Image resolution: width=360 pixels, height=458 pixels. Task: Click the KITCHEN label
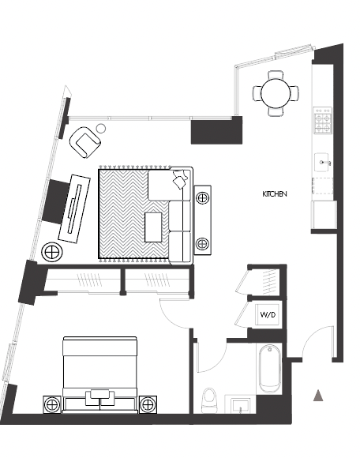pyautogui.click(x=275, y=194)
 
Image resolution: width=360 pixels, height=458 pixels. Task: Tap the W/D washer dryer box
pyautogui.click(x=268, y=314)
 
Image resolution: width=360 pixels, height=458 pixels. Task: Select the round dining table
pyautogui.click(x=276, y=93)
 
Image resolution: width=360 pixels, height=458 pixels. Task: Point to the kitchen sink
pyautogui.click(x=322, y=163)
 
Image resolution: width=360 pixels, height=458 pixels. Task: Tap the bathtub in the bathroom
pyautogui.click(x=270, y=370)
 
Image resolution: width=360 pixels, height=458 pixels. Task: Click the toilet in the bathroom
pyautogui.click(x=208, y=400)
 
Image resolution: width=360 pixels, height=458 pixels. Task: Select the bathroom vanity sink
pyautogui.click(x=240, y=405)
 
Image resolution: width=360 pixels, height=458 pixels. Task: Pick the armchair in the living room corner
pyautogui.click(x=84, y=142)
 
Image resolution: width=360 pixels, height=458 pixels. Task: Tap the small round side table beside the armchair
pyautogui.click(x=101, y=128)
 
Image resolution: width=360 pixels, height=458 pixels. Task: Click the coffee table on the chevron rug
pyautogui.click(x=153, y=227)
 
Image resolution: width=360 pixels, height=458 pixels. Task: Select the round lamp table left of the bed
pyautogui.click(x=52, y=405)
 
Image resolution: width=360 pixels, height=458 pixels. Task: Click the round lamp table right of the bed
pyautogui.click(x=148, y=405)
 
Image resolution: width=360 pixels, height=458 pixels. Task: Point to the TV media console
pyautogui.click(x=74, y=208)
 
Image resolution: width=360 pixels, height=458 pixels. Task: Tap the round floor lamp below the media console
pyautogui.click(x=52, y=251)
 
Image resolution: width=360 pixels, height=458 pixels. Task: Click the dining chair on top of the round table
pyautogui.click(x=276, y=75)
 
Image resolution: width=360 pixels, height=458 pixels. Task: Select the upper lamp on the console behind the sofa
pyautogui.click(x=202, y=198)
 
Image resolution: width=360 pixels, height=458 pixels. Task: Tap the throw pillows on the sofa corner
pyautogui.click(x=180, y=178)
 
